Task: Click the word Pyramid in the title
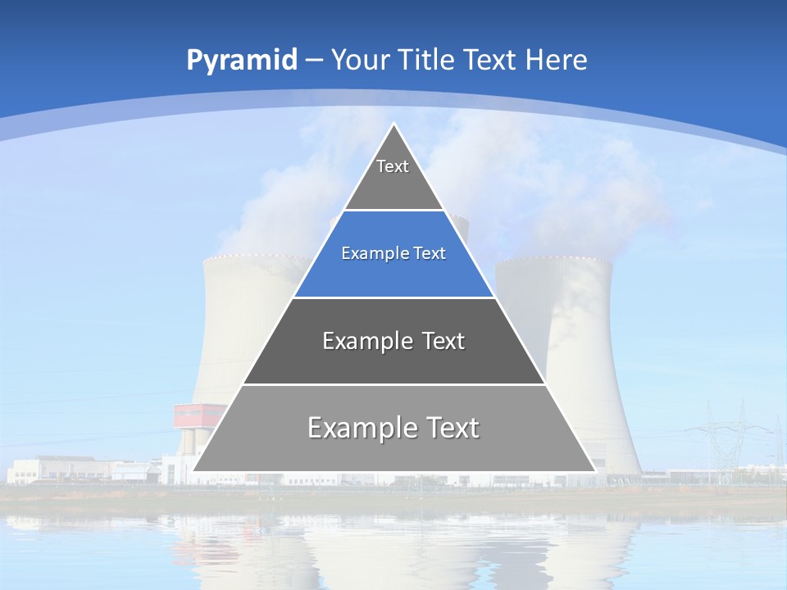[242, 60]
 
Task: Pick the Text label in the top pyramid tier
[393, 166]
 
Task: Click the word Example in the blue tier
[370, 253]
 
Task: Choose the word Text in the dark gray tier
[444, 341]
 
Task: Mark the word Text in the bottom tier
[452, 428]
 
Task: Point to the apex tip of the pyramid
[393, 125]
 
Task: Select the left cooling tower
[238, 328]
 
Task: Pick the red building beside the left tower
[198, 415]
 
